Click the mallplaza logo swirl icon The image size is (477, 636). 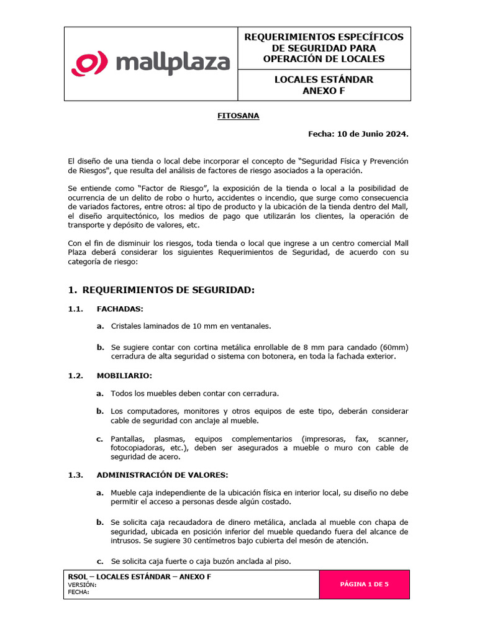click(91, 64)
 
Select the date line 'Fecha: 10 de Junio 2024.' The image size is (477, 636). click(358, 134)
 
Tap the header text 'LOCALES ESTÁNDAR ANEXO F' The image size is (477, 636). click(324, 85)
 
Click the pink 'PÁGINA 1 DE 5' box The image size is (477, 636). click(365, 584)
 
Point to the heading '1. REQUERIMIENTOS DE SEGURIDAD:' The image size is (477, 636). click(161, 290)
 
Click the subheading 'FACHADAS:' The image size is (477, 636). click(120, 309)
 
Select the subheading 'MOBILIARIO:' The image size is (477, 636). click(124, 376)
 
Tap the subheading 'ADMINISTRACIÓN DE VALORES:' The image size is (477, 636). click(162, 475)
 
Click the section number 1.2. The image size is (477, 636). click(75, 376)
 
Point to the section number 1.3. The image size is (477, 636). click(75, 475)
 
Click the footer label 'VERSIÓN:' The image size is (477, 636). click(82, 584)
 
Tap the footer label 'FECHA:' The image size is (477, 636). click(79, 592)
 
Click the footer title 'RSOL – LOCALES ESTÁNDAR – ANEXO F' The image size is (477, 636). click(139, 576)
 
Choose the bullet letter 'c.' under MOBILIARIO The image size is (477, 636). click(99, 439)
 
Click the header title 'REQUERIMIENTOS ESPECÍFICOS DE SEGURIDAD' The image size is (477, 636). click(324, 42)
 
